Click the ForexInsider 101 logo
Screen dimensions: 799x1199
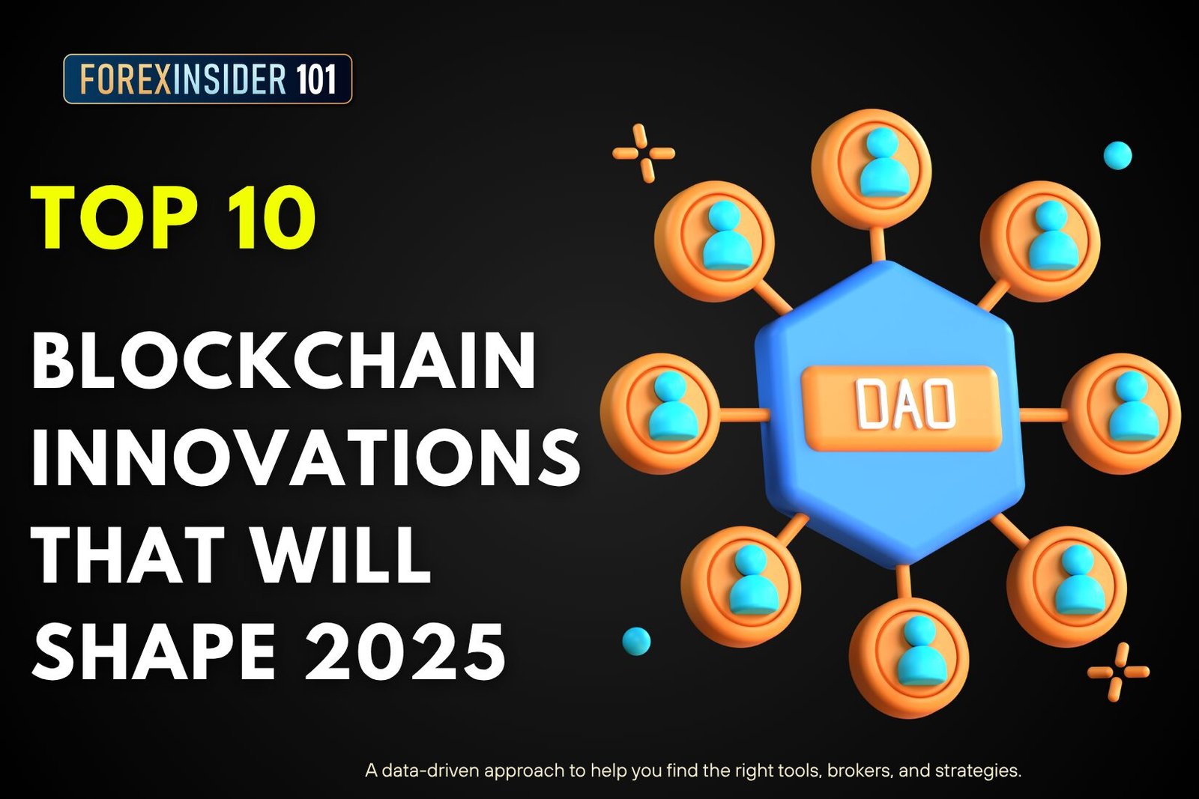point(208,79)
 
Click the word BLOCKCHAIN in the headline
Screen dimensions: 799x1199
point(284,362)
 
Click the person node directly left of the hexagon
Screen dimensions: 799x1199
point(660,413)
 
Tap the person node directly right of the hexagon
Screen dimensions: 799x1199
point(1121,413)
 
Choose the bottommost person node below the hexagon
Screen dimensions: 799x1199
point(909,657)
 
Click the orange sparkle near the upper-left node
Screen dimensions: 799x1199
point(643,154)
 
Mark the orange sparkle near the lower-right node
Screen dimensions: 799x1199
point(1118,672)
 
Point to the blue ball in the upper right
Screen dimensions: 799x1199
point(1117,156)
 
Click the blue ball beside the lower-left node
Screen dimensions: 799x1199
point(636,642)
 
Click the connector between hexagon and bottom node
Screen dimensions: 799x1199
point(903,581)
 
